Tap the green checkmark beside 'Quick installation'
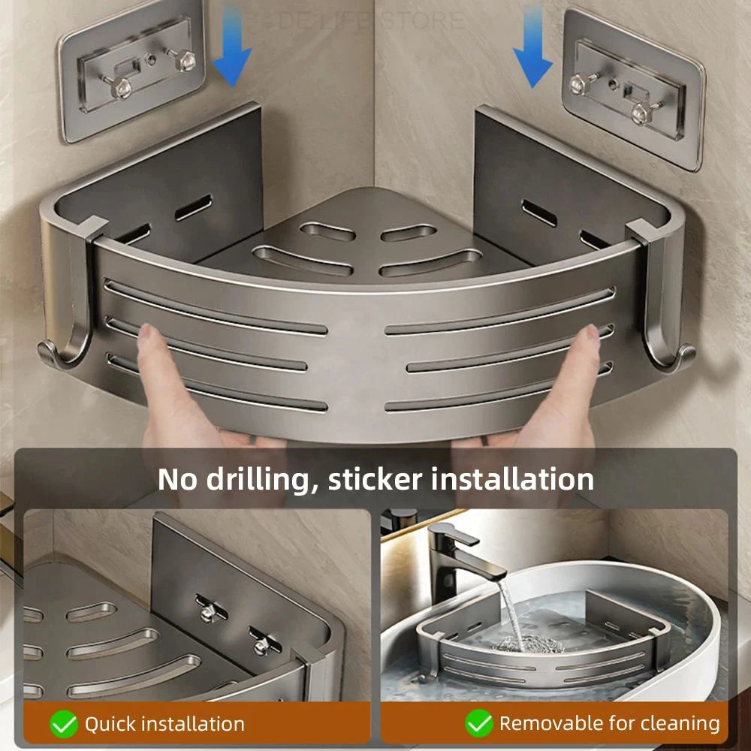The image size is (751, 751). [x=64, y=724]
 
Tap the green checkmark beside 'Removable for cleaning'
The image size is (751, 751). [x=478, y=724]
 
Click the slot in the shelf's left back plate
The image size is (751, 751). [x=194, y=208]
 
